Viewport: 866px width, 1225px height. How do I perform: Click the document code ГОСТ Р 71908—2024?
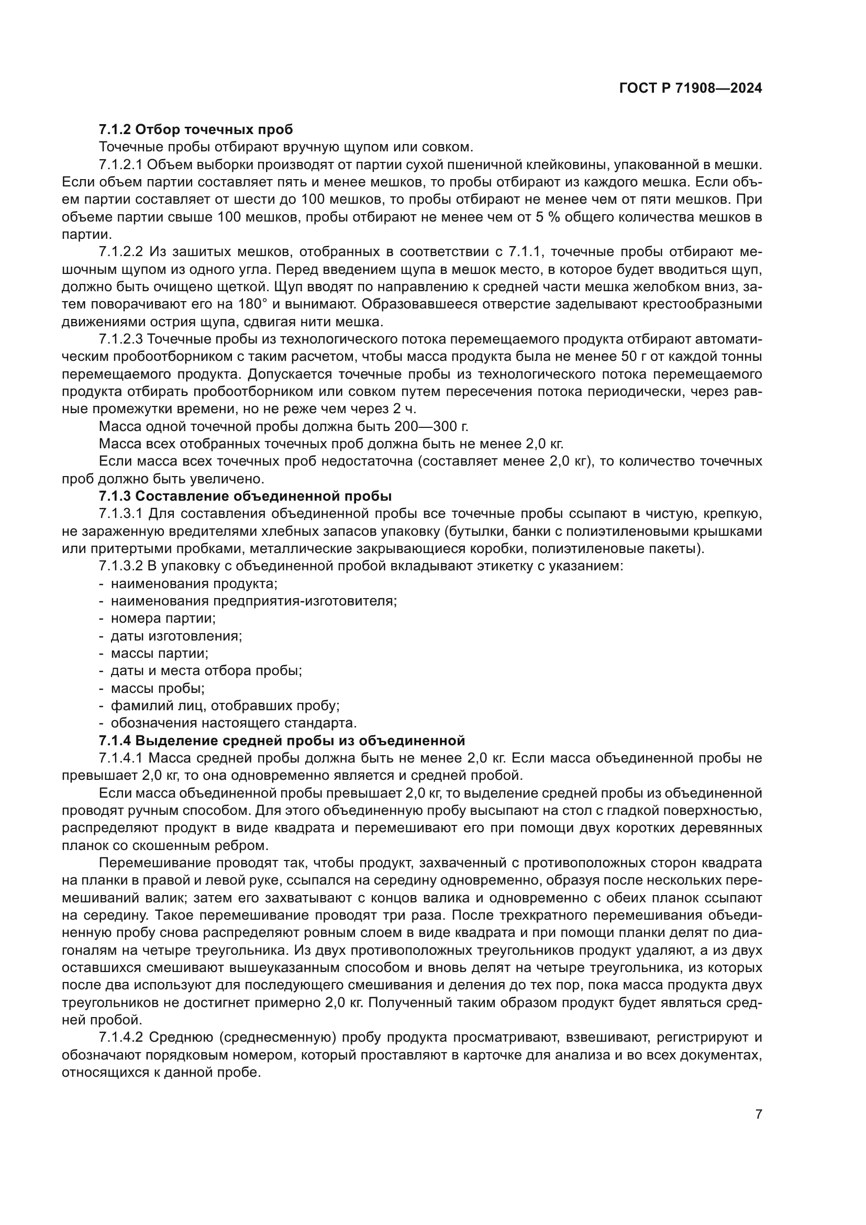point(691,89)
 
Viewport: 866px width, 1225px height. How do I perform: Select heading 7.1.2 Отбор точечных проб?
point(196,129)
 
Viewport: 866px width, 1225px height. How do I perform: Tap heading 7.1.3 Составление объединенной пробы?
point(245,495)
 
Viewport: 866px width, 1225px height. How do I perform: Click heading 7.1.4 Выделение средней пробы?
point(282,740)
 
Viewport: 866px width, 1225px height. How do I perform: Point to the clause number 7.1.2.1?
point(121,165)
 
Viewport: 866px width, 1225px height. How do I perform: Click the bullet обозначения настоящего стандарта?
point(233,723)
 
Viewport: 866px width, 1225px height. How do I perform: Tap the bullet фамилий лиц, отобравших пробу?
point(225,705)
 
